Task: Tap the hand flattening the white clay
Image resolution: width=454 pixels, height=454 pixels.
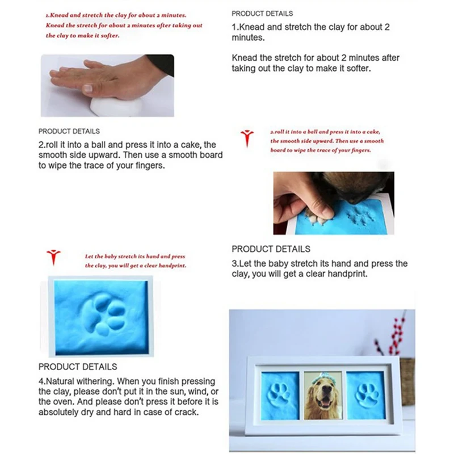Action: click(102, 77)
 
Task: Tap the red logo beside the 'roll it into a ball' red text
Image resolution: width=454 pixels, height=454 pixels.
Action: click(247, 138)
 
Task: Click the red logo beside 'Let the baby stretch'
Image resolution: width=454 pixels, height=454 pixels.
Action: click(53, 257)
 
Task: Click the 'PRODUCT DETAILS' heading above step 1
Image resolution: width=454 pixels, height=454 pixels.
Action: click(262, 13)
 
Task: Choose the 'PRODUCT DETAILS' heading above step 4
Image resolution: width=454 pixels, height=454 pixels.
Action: click(78, 367)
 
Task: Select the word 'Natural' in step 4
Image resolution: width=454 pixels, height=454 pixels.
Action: click(62, 381)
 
